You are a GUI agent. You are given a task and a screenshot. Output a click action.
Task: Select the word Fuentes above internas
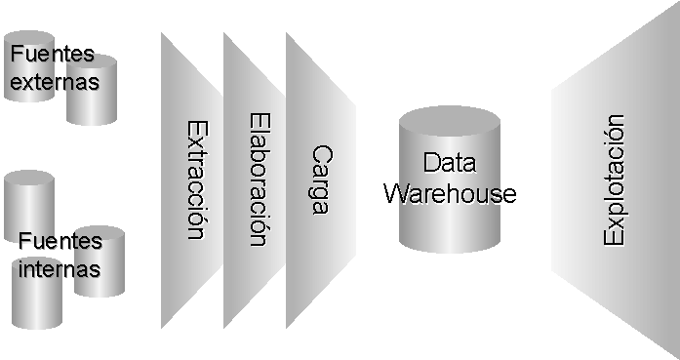(x=60, y=240)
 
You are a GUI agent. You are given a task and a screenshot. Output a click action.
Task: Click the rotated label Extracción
(x=195, y=180)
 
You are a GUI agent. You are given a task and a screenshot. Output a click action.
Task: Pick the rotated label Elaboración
(x=258, y=180)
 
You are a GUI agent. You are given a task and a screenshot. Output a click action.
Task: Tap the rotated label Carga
(x=320, y=180)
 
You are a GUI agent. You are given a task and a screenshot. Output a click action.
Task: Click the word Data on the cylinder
(x=450, y=163)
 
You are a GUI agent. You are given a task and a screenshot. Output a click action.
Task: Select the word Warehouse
(x=450, y=192)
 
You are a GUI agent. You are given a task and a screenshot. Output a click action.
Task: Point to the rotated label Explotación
(x=614, y=180)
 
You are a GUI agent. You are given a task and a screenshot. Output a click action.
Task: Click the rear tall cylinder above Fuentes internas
(x=28, y=200)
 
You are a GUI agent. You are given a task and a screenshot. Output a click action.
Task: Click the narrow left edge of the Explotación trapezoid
(x=552, y=180)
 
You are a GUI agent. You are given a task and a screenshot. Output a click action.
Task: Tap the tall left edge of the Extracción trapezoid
(x=162, y=180)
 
